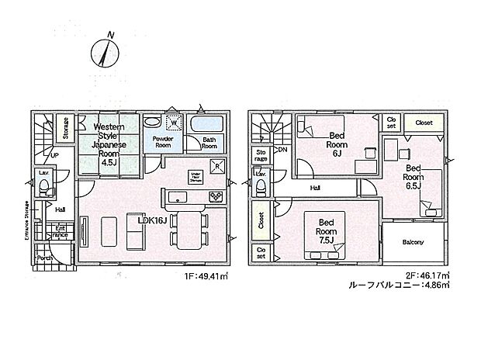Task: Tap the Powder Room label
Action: tap(162, 141)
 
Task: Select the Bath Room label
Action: tap(209, 143)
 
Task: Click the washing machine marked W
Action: tap(175, 123)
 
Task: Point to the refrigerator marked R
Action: tap(219, 165)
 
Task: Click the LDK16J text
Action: tap(152, 220)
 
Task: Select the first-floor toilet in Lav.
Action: tap(45, 187)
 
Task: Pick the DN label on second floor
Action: tap(282, 150)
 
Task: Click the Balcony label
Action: tap(413, 242)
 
